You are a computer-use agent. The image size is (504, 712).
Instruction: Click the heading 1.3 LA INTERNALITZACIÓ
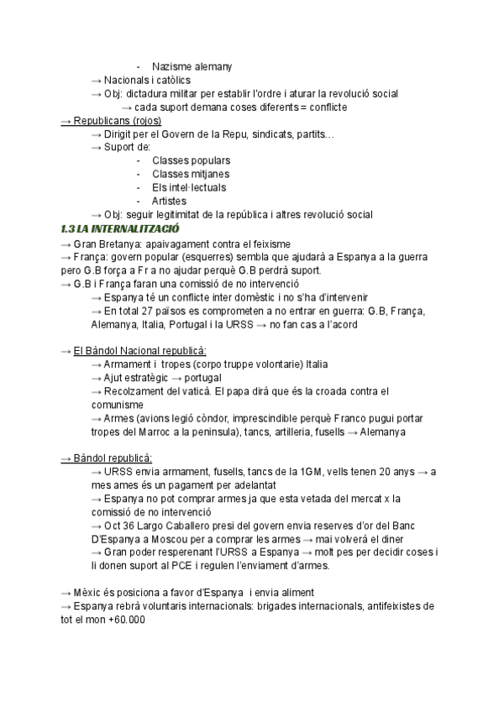tap(120, 228)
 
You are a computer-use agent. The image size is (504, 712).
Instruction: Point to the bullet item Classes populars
tap(192, 160)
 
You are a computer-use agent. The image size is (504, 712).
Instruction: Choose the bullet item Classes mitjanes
tap(191, 174)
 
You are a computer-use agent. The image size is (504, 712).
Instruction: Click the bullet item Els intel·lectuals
tap(189, 187)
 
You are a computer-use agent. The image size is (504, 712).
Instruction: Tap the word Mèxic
tap(89, 593)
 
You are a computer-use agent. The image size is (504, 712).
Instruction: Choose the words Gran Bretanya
tap(103, 242)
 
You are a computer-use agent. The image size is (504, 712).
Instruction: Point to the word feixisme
tap(266, 242)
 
